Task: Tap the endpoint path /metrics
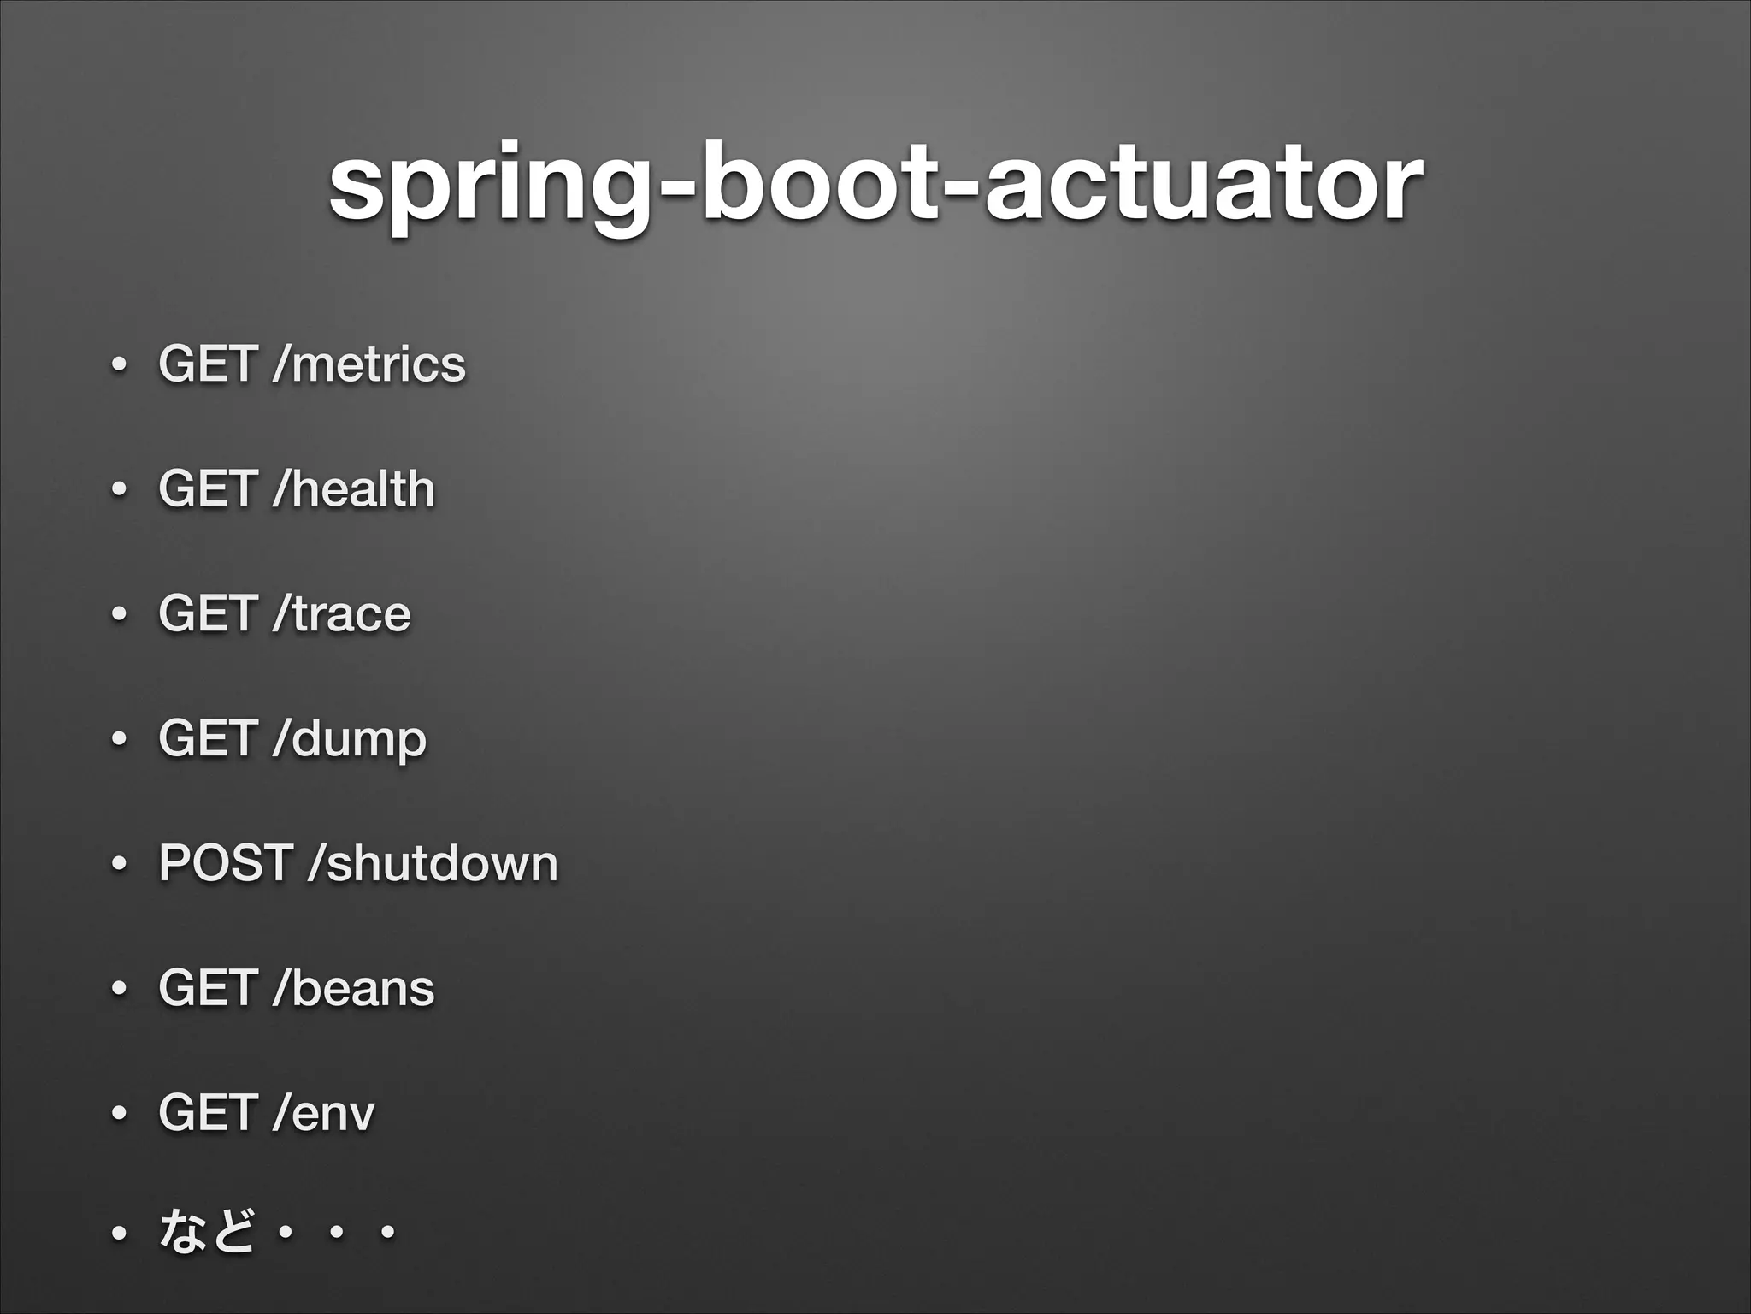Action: (x=368, y=364)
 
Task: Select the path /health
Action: (x=353, y=488)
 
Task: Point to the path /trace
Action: (x=341, y=614)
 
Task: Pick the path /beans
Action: (x=353, y=988)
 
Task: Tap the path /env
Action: (x=323, y=1113)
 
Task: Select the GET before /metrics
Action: (x=208, y=364)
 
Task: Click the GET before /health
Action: (x=208, y=488)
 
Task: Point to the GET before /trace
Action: (x=208, y=614)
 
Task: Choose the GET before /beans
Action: (x=208, y=988)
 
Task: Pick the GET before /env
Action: (x=208, y=1113)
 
